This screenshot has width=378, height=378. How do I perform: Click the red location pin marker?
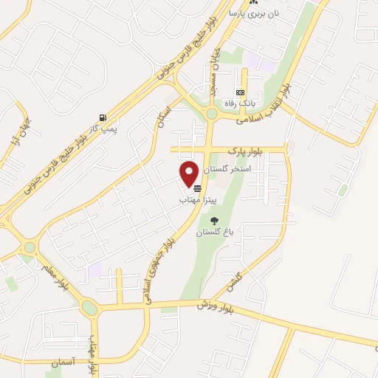click(189, 173)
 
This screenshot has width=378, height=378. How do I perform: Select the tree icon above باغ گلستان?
click(215, 221)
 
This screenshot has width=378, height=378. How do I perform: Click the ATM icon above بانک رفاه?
click(240, 92)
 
